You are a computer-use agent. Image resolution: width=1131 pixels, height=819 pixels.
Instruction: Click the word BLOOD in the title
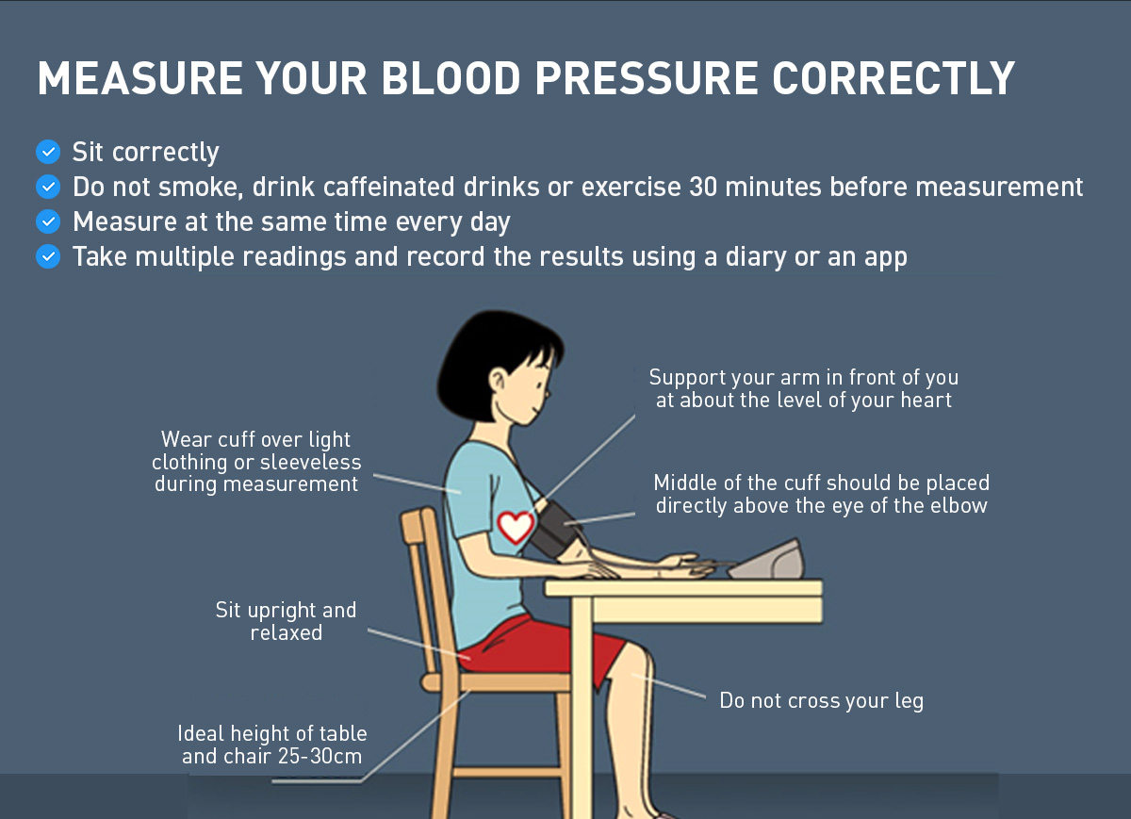(x=451, y=78)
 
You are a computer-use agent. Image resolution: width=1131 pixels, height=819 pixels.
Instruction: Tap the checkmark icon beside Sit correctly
(x=48, y=152)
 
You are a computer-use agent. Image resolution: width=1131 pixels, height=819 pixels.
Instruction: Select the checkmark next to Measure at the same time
(x=48, y=221)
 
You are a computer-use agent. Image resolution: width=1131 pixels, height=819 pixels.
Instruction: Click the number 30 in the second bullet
(x=703, y=187)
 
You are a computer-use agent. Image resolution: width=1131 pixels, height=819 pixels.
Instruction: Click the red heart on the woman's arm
(x=516, y=527)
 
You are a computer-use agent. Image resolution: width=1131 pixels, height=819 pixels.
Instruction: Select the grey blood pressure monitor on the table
(x=767, y=560)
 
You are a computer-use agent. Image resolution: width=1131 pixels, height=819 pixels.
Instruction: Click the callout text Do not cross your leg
(x=822, y=701)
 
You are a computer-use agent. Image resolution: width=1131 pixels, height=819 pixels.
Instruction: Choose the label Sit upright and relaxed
(x=287, y=621)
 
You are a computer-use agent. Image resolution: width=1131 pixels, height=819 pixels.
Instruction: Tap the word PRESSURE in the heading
(x=647, y=78)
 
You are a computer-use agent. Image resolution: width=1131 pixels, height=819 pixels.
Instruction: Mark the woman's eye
(x=541, y=385)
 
